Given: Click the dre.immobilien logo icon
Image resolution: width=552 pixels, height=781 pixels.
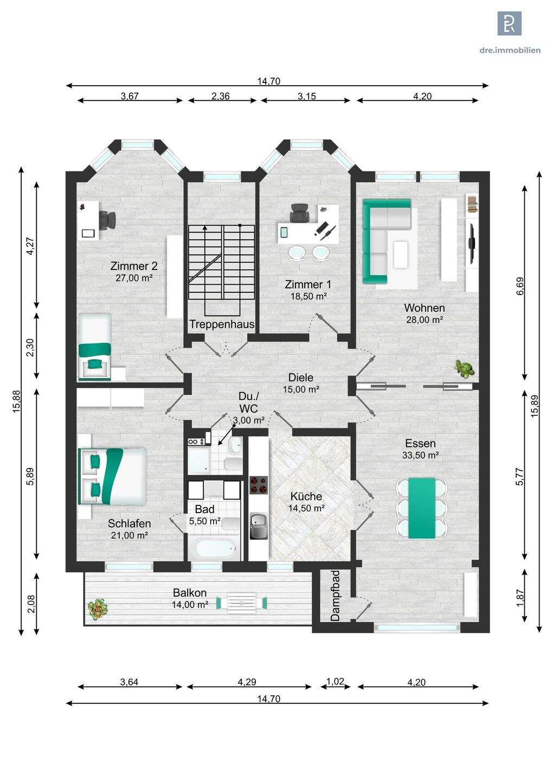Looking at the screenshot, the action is coord(509,23).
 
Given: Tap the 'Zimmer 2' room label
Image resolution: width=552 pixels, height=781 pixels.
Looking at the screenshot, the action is coord(134,266).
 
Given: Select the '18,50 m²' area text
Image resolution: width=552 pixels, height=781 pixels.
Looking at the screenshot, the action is coord(309,296).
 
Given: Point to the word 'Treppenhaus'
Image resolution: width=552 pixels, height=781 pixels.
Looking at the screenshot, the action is coord(222,324).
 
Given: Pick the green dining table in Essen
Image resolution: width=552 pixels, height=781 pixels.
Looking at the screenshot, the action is coord(421,508).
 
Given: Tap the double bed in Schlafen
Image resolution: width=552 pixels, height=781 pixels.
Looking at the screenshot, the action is coord(112,476).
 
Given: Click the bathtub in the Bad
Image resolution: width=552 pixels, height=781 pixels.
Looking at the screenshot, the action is coord(214,549).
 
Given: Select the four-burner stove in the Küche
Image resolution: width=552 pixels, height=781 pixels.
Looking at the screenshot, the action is coord(259,485).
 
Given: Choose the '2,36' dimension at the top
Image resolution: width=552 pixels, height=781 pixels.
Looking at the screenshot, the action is coord(220,96).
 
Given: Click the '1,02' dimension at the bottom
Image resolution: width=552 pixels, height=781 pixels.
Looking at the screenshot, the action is coord(335,681).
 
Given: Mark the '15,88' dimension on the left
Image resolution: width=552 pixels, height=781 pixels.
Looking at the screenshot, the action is coord(17,401).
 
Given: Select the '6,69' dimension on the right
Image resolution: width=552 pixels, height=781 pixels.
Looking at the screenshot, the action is coord(519,286).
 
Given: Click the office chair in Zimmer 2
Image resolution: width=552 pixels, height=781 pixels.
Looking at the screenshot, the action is coord(108,220).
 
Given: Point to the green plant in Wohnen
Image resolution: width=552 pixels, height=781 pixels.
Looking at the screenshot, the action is coord(464,369).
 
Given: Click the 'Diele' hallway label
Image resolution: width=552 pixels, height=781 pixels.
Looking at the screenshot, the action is coord(301,377).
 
